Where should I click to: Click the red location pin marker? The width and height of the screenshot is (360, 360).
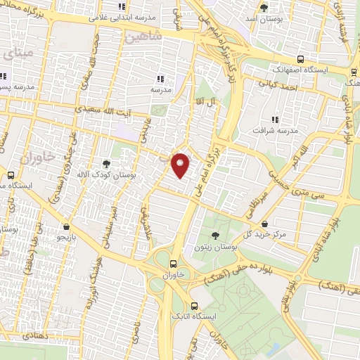(x=181, y=165)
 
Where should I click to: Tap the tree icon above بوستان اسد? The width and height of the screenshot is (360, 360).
(x=264, y=8)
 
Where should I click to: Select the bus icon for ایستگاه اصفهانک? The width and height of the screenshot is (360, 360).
(x=300, y=60)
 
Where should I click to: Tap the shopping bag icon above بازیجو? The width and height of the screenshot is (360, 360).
(x=66, y=227)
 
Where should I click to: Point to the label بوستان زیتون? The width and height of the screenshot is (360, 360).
(x=215, y=247)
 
